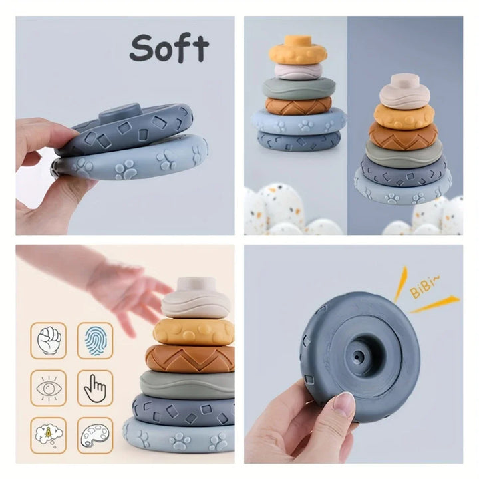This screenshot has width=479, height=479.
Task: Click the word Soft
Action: [x=169, y=48]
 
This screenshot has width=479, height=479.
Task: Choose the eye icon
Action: [x=49, y=388]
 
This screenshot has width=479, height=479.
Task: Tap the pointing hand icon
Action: [x=94, y=388]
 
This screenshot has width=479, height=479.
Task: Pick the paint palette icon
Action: [x=94, y=435]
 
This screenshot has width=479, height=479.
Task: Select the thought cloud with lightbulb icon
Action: [x=49, y=435]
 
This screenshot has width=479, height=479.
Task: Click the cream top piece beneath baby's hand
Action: [x=196, y=299]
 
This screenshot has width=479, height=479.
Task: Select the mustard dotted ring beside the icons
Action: [x=194, y=331]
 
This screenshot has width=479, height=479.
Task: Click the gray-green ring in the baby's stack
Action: [x=186, y=385]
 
